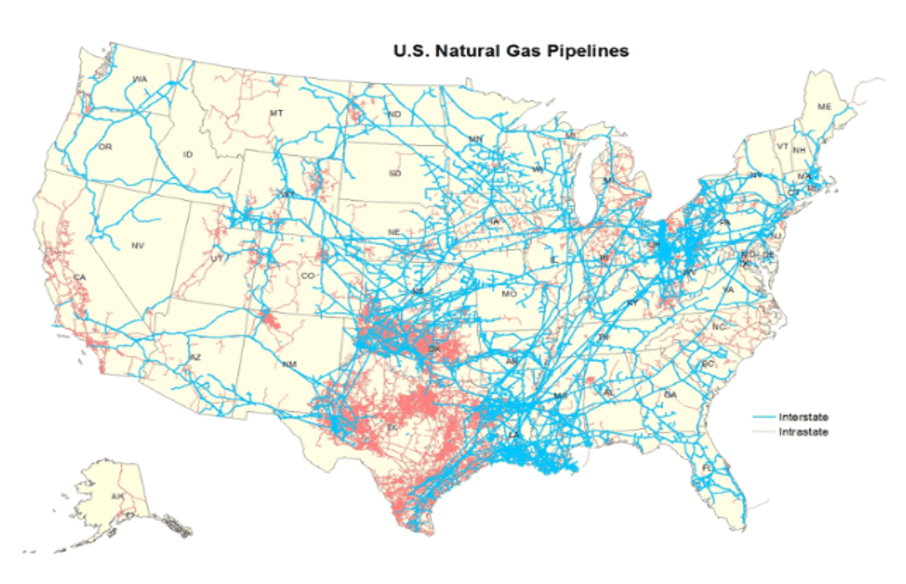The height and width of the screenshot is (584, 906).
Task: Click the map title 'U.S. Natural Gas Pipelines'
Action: (x=511, y=52)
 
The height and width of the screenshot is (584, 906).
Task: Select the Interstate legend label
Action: (x=804, y=417)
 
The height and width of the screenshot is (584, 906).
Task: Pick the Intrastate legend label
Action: (x=804, y=432)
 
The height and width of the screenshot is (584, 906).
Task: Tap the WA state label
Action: (x=140, y=79)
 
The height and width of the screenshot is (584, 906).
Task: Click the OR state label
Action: (x=105, y=147)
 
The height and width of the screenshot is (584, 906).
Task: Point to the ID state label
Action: (x=188, y=154)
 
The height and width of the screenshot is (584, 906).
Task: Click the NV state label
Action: (x=138, y=246)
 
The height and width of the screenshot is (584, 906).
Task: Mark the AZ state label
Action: (x=195, y=357)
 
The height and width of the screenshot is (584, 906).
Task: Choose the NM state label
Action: (x=290, y=364)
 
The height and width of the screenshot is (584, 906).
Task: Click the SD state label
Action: (x=395, y=173)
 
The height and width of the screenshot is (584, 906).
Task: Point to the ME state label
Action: (x=825, y=108)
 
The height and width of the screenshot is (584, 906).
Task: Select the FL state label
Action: (x=707, y=468)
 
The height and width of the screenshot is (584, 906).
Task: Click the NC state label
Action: (x=719, y=327)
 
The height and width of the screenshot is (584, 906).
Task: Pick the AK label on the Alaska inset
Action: (x=117, y=497)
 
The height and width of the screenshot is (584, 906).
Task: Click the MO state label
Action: (x=509, y=293)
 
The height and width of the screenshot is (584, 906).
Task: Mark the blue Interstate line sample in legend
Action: (x=763, y=417)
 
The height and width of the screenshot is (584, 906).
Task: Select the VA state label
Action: (x=728, y=289)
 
